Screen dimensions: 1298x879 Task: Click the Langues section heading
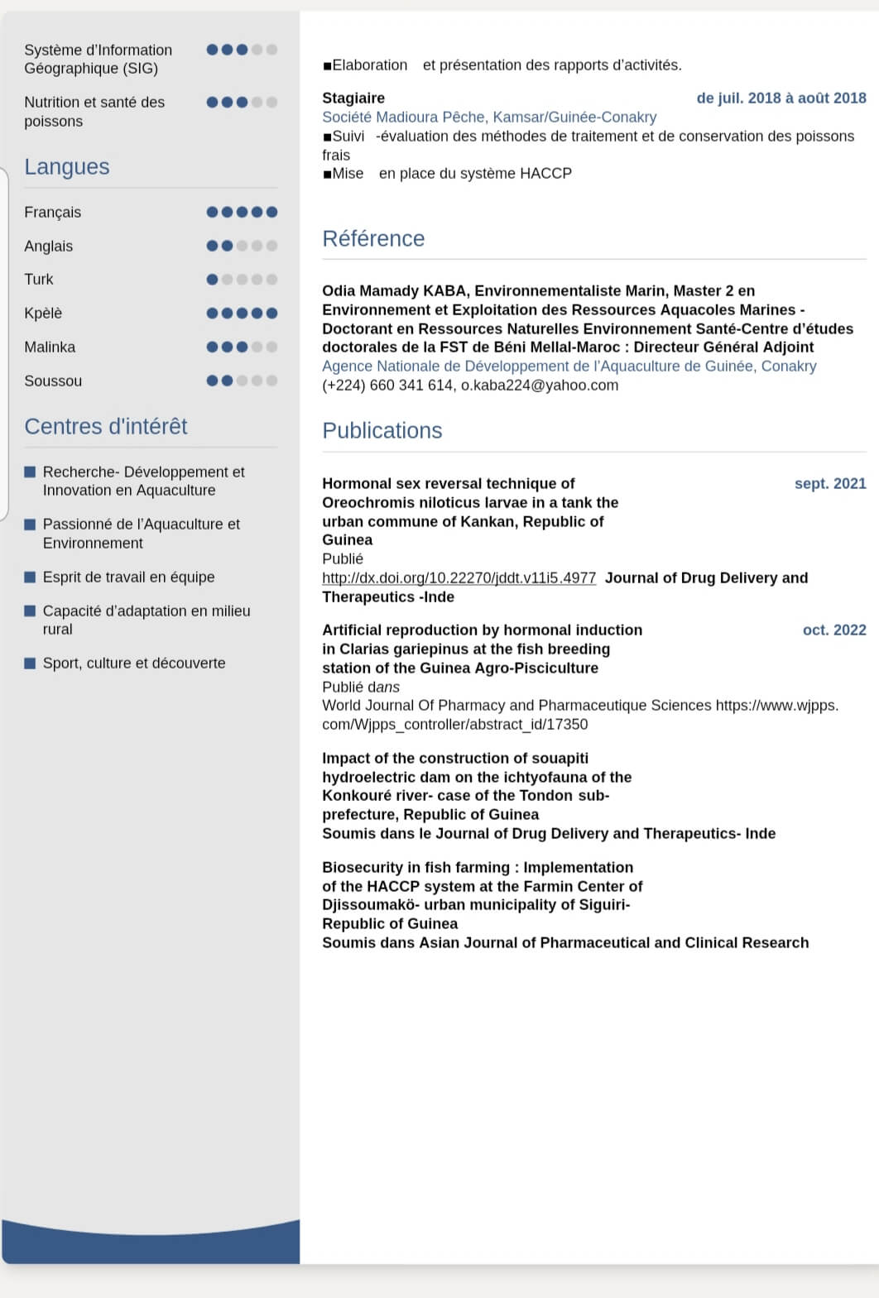click(67, 167)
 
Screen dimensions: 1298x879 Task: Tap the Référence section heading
click(373, 239)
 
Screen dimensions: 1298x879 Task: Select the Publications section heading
click(382, 431)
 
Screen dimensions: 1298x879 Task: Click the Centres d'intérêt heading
click(106, 427)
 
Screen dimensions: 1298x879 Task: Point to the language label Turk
click(39, 280)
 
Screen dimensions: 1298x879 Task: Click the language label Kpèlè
click(43, 314)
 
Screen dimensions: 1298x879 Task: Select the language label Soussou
click(53, 381)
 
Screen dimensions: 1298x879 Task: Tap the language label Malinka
click(50, 347)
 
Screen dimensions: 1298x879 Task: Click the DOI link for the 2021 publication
click(459, 578)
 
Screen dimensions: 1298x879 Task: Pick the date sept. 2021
click(830, 484)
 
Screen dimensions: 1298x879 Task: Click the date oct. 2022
click(834, 630)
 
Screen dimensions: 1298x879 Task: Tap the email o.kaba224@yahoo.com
click(540, 386)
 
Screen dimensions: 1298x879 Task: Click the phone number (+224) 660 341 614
click(387, 386)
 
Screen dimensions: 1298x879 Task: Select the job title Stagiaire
click(353, 98)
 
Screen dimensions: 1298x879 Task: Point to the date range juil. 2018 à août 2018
click(781, 98)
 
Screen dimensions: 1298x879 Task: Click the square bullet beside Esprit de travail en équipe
click(30, 577)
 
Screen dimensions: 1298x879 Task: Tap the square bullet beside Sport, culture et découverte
click(30, 663)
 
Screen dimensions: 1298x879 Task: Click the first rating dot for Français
click(213, 213)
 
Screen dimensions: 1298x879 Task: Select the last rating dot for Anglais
click(271, 246)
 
